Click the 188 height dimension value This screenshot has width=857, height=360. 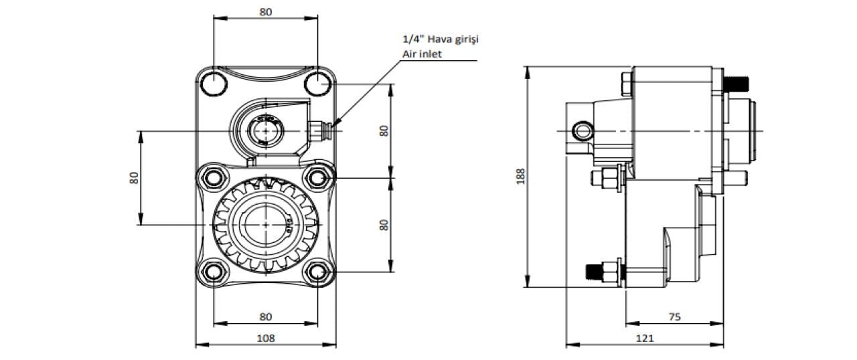521,177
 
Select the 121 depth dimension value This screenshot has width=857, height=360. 645,338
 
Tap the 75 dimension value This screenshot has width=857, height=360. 674,317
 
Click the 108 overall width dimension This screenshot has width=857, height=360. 266,338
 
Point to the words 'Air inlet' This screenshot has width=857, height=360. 422,54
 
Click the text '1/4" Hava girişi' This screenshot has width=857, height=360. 441,39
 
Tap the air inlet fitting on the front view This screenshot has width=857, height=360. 319,130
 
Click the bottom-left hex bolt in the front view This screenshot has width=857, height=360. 214,272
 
